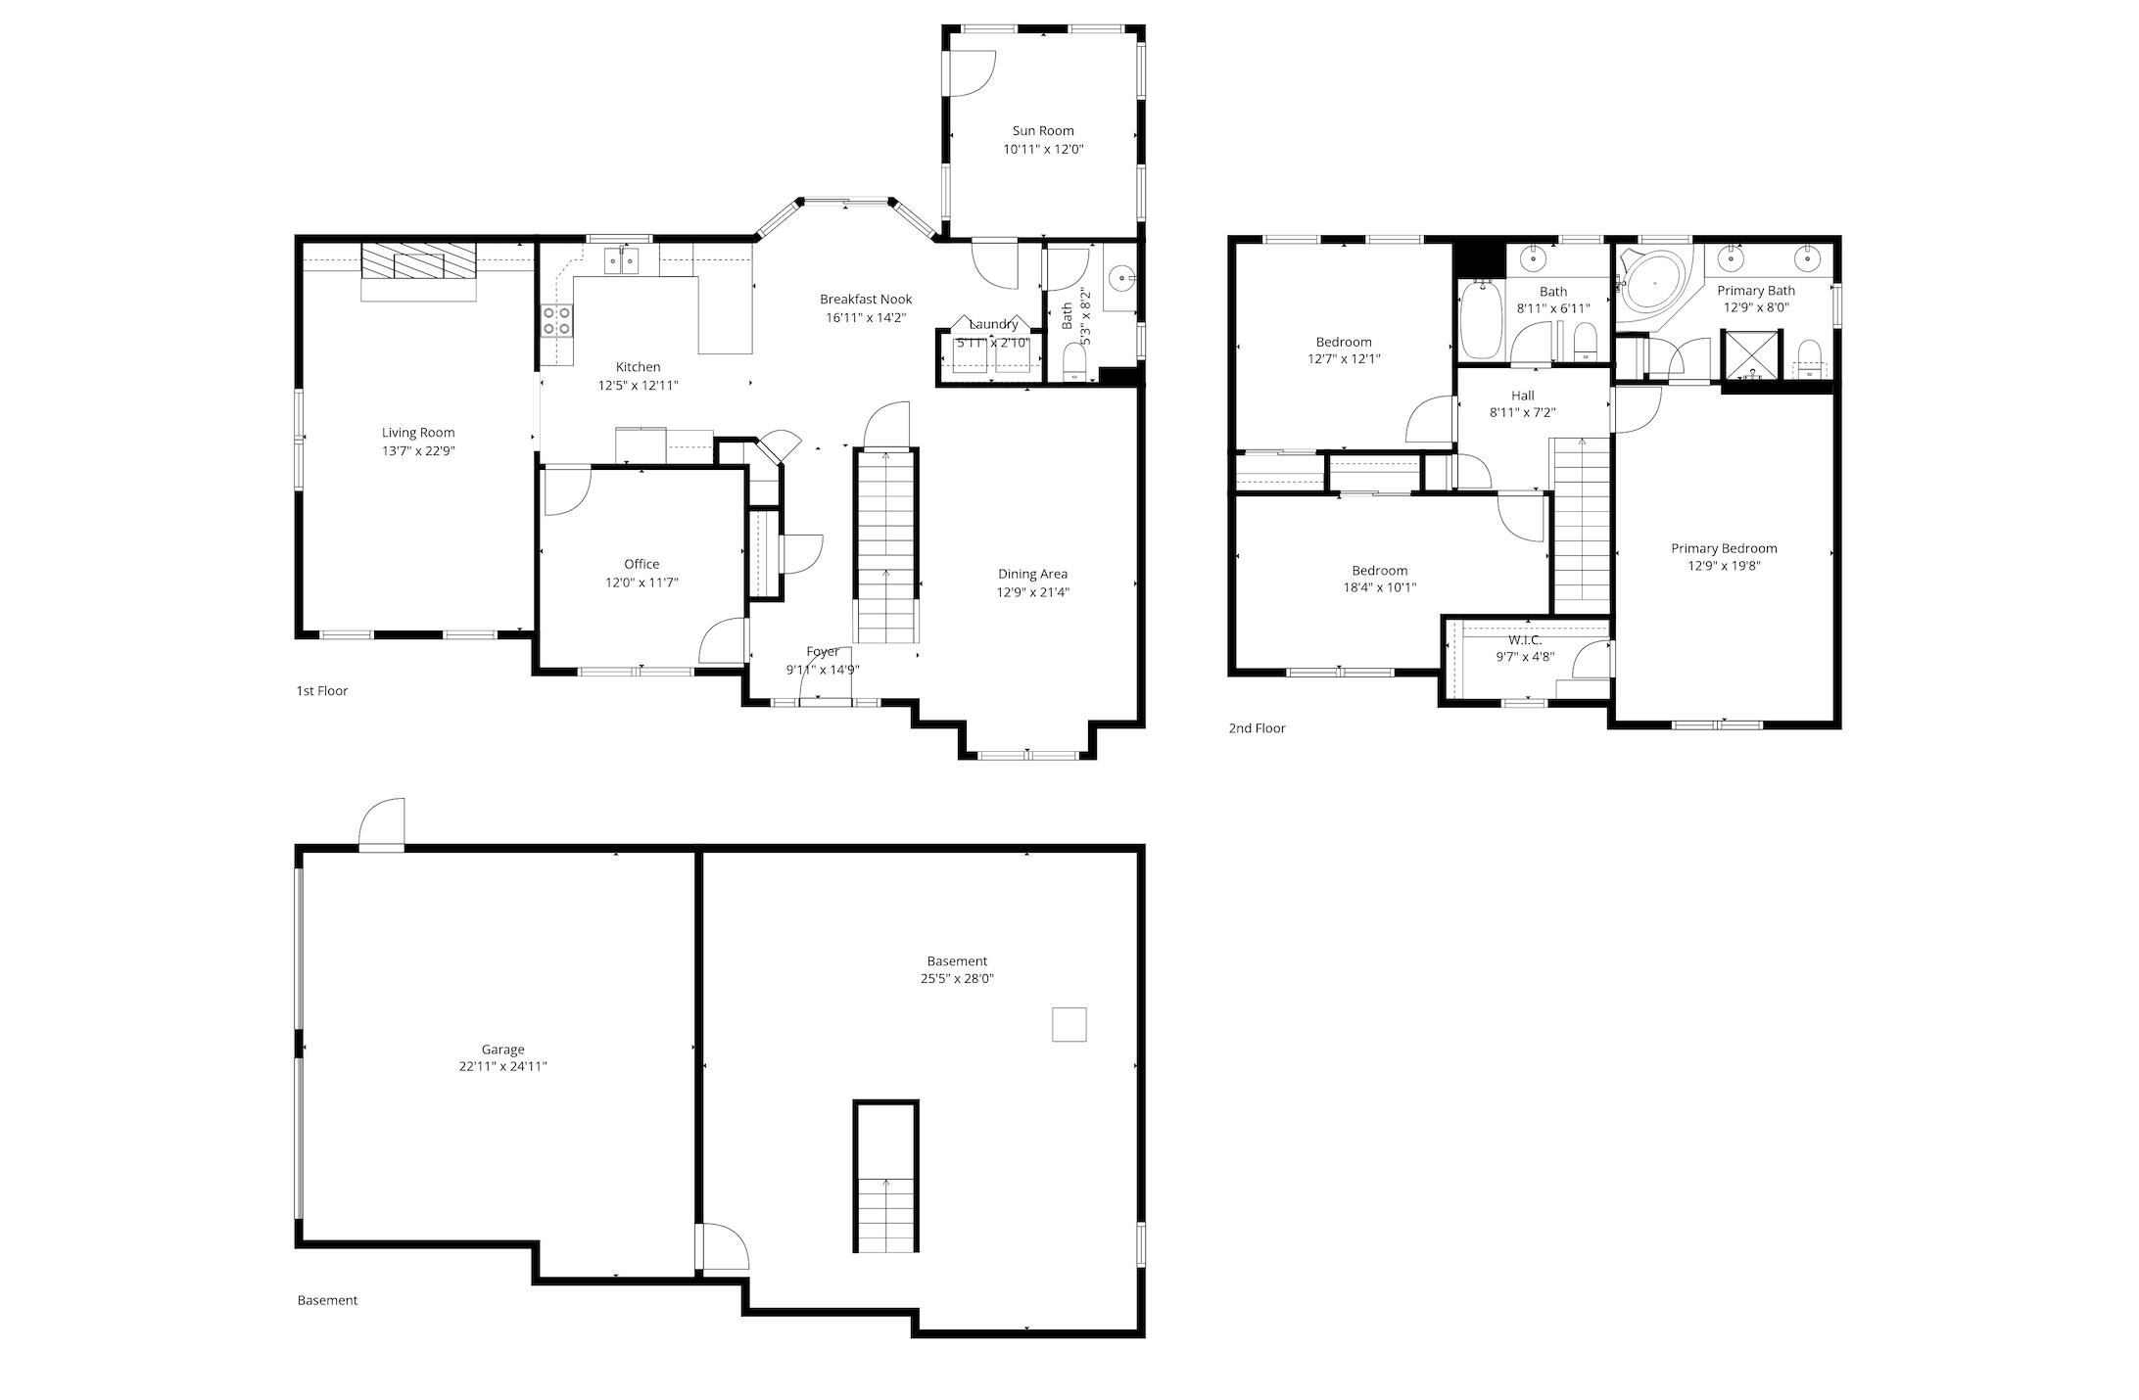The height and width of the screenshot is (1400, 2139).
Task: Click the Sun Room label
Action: [x=1042, y=130]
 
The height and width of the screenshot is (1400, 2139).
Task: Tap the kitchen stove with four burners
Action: [x=557, y=321]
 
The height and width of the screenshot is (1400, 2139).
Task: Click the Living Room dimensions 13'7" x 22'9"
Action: [x=418, y=451]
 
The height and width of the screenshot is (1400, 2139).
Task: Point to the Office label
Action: [x=642, y=564]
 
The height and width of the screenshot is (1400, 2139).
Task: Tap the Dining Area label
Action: [x=1032, y=574]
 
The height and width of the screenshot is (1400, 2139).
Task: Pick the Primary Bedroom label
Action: [x=1724, y=548]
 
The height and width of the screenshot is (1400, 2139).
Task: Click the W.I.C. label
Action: [x=1525, y=640]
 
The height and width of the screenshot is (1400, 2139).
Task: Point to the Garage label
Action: [x=502, y=1050]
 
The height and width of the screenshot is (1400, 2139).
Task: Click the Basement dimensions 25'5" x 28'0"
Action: [x=957, y=979]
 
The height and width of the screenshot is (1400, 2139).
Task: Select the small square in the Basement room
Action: [x=1069, y=1025]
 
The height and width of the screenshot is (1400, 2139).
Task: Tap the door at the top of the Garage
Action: [x=382, y=826]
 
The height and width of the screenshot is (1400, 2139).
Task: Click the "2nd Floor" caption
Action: [x=1257, y=728]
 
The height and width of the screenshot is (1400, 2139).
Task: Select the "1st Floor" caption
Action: [x=322, y=691]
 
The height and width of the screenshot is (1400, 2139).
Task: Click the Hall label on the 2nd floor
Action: [x=1522, y=396]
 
